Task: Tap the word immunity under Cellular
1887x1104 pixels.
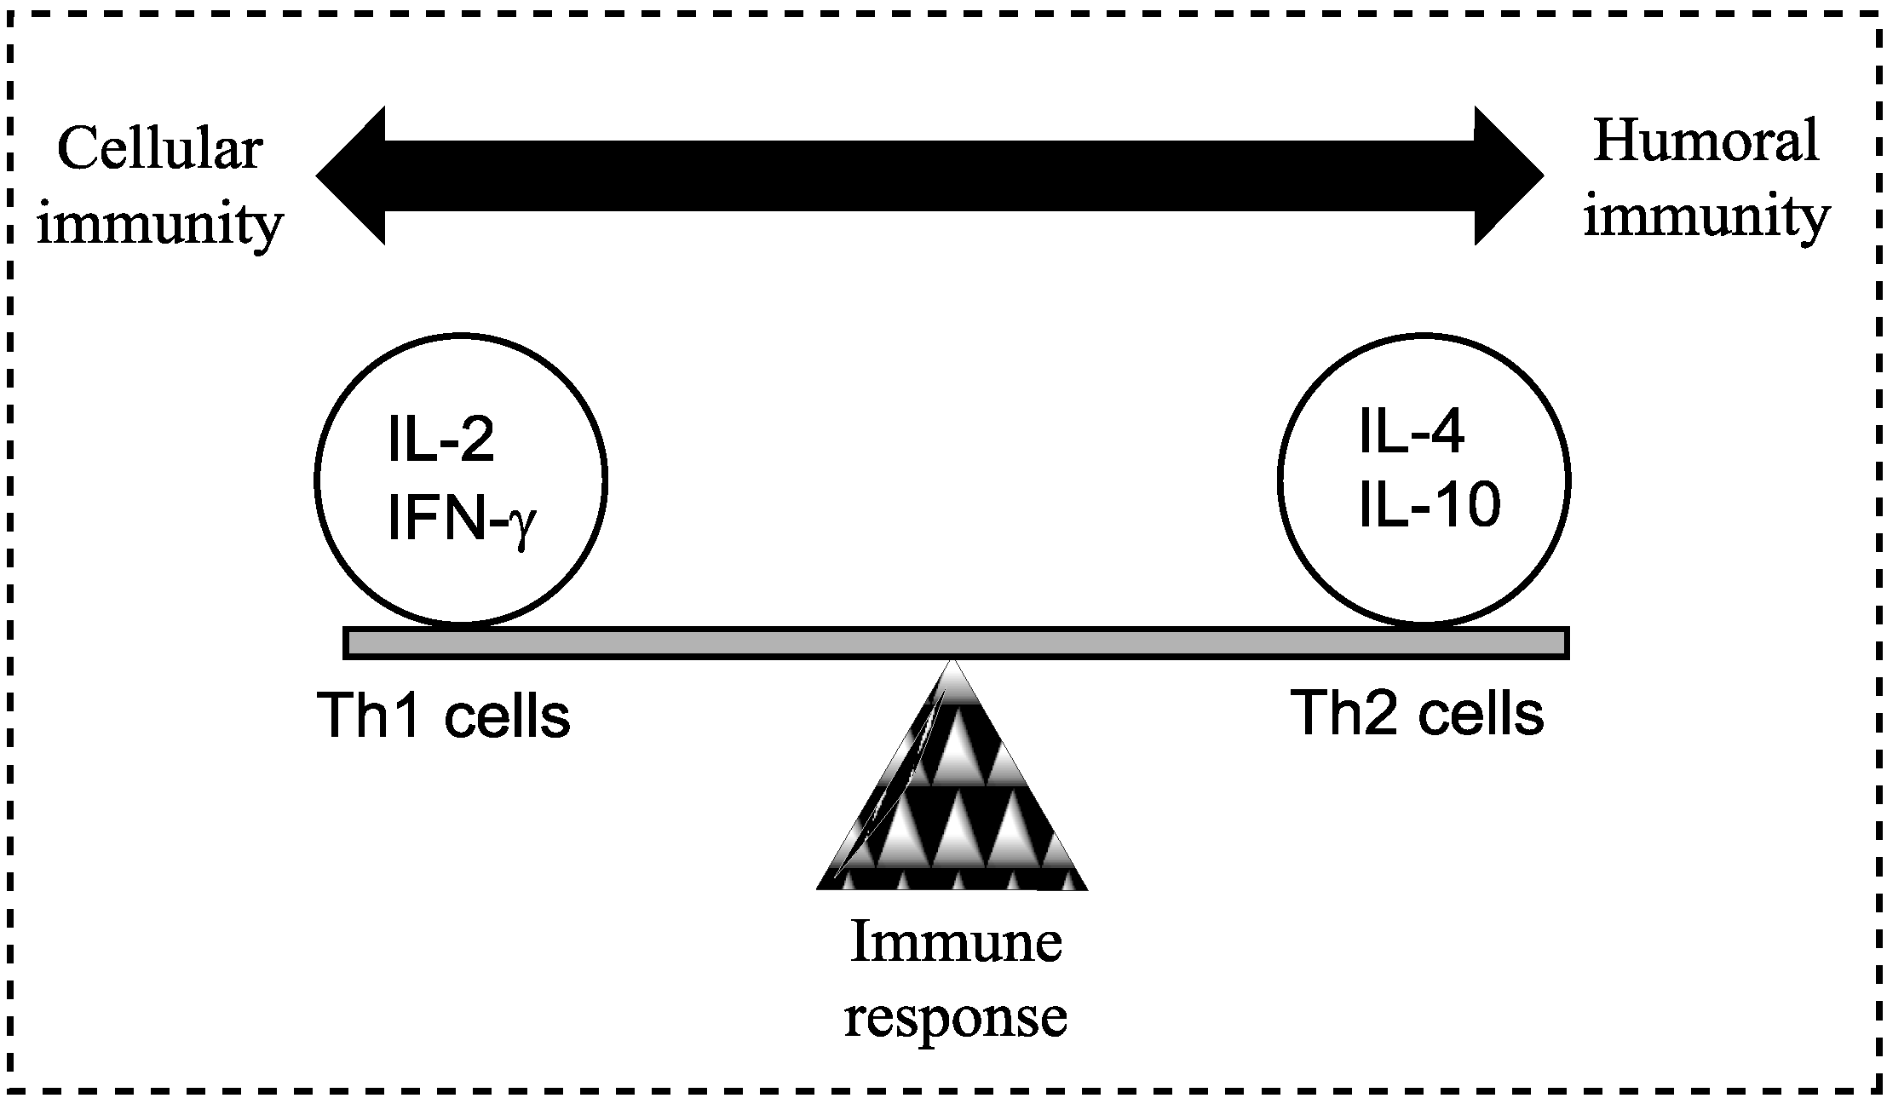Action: pos(158,223)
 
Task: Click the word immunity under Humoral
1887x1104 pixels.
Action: pos(1706,216)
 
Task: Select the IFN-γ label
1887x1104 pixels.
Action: pos(461,519)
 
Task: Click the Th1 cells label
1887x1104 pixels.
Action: pos(443,716)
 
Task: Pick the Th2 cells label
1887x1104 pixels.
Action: pos(1417,712)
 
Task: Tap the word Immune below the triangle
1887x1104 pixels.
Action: pos(956,943)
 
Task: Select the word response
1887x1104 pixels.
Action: pos(955,1015)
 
